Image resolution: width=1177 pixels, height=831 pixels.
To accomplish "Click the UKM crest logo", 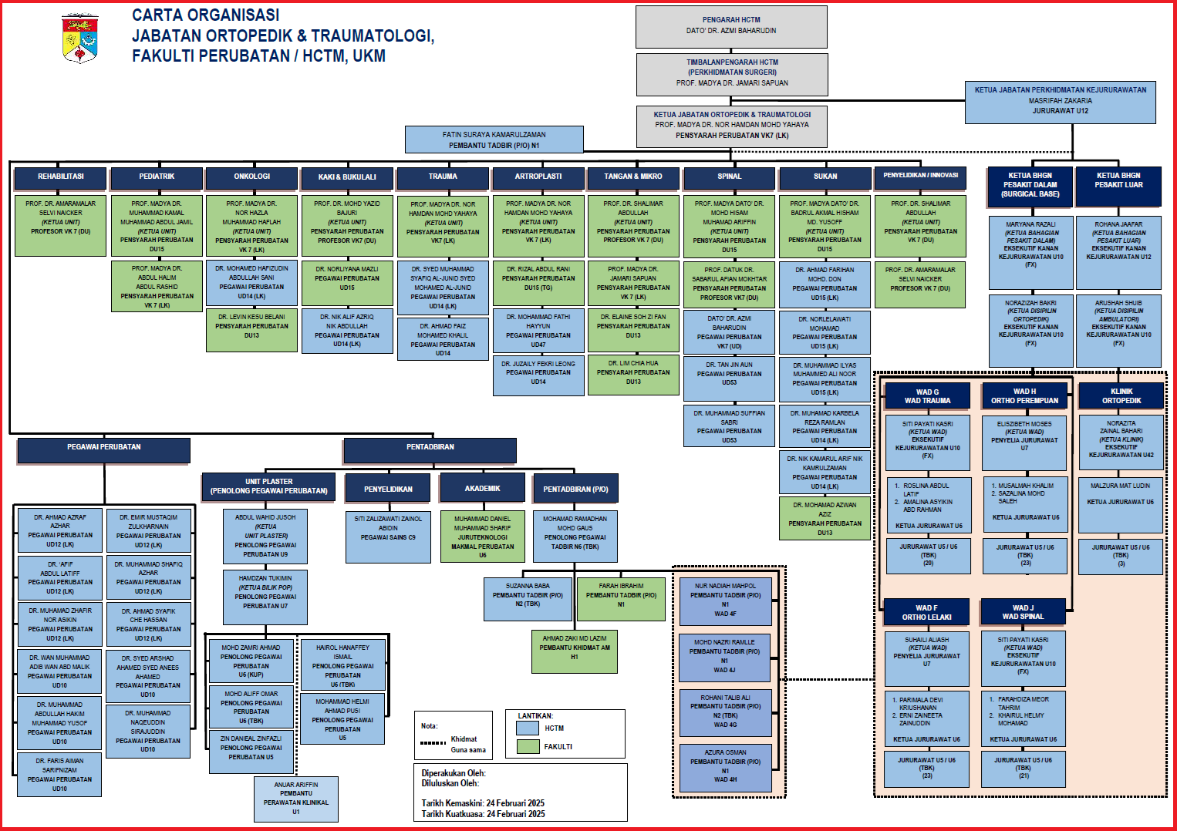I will click(79, 38).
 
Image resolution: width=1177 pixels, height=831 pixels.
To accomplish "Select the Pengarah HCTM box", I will click(731, 26).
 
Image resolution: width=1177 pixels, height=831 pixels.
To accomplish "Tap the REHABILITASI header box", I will click(61, 177).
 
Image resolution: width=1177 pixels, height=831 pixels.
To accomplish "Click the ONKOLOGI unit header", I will click(252, 177).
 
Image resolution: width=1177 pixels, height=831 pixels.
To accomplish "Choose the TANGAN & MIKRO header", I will click(633, 177).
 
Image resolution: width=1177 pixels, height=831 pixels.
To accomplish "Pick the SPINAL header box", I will click(730, 177).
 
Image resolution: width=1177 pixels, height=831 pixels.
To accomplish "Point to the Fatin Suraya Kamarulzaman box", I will click(494, 140).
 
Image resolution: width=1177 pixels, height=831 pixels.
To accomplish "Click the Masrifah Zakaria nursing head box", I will click(1060, 101).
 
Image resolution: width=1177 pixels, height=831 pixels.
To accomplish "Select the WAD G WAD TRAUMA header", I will click(927, 396).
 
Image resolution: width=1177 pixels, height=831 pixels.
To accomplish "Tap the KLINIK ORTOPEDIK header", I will click(1121, 396).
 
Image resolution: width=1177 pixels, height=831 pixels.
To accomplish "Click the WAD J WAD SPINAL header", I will click(1023, 612).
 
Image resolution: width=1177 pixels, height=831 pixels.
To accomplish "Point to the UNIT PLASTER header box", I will click(268, 486).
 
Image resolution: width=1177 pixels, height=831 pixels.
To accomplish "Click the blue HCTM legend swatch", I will click(528, 728).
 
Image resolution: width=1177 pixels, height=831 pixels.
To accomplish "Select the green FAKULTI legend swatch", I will click(528, 746).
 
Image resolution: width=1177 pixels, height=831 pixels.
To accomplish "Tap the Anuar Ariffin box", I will click(296, 799).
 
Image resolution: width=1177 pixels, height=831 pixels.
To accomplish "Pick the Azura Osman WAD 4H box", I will click(725, 766).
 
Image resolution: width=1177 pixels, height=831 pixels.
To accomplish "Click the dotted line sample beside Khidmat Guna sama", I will click(433, 743).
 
